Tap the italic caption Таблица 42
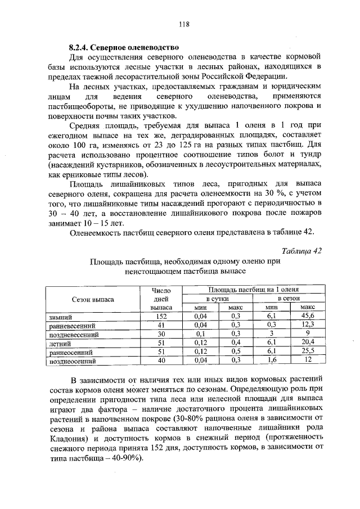tap(300, 251)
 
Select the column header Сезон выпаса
tap(93, 299)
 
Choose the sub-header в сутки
tap(217, 298)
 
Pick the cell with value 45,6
tap(307, 317)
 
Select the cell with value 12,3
tap(307, 325)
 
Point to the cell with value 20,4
tap(307, 343)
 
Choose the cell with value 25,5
tap(307, 351)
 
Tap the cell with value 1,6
tap(272, 360)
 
